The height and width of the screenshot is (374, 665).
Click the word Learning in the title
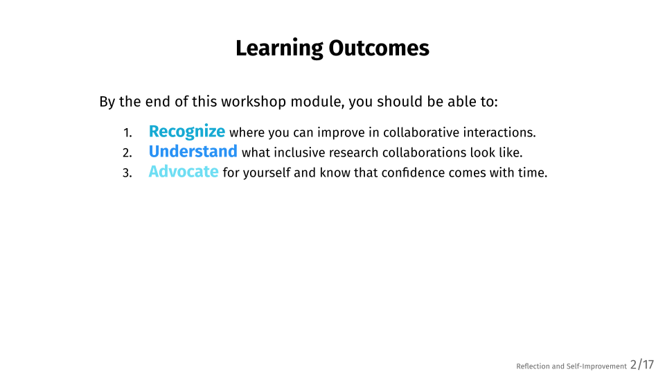pos(279,48)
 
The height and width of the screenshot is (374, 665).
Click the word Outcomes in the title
pos(379,48)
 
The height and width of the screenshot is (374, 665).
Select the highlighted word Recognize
pos(186,132)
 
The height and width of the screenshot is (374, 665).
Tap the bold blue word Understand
pos(193,152)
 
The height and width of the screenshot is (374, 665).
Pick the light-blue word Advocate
pos(183,171)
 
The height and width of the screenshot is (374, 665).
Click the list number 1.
pos(127,133)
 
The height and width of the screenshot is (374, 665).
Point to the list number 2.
pos(127,153)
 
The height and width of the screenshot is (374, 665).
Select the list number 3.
pos(127,173)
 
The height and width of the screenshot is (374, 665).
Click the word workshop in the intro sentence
pos(254,103)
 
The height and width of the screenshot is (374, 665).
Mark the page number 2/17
pos(642,365)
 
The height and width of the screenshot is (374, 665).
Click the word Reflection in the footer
pos(533,366)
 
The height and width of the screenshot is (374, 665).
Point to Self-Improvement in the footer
pos(596,366)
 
